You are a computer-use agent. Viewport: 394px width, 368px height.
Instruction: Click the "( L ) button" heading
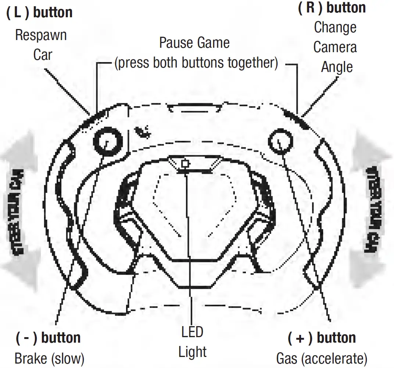(x=40, y=12)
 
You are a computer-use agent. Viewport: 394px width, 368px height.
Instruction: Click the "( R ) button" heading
(x=332, y=8)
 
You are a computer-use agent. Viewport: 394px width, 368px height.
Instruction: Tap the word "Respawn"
(x=41, y=36)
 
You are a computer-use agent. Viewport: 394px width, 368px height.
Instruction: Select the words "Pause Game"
(x=194, y=43)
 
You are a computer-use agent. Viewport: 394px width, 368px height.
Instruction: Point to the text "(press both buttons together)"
(x=196, y=63)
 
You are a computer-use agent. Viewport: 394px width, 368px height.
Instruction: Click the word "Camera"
(x=335, y=47)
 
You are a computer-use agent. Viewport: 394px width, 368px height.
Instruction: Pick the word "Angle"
(x=337, y=67)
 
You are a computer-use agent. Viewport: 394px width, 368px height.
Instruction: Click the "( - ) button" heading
(x=48, y=338)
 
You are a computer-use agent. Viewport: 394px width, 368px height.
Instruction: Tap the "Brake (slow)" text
(x=49, y=358)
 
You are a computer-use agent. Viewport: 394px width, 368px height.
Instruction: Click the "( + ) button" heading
(x=322, y=338)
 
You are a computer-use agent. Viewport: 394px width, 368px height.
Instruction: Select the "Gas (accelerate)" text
(x=322, y=358)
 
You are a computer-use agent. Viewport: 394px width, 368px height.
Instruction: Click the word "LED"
(x=192, y=332)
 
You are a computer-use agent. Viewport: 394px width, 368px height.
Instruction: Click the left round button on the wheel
(x=107, y=142)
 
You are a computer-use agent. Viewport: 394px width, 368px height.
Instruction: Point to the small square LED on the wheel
(x=186, y=163)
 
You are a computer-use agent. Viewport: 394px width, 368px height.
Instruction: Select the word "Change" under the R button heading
(x=335, y=28)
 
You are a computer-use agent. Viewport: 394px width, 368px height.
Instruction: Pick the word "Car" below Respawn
(x=43, y=55)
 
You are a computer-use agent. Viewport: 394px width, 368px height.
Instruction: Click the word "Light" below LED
(x=192, y=352)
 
